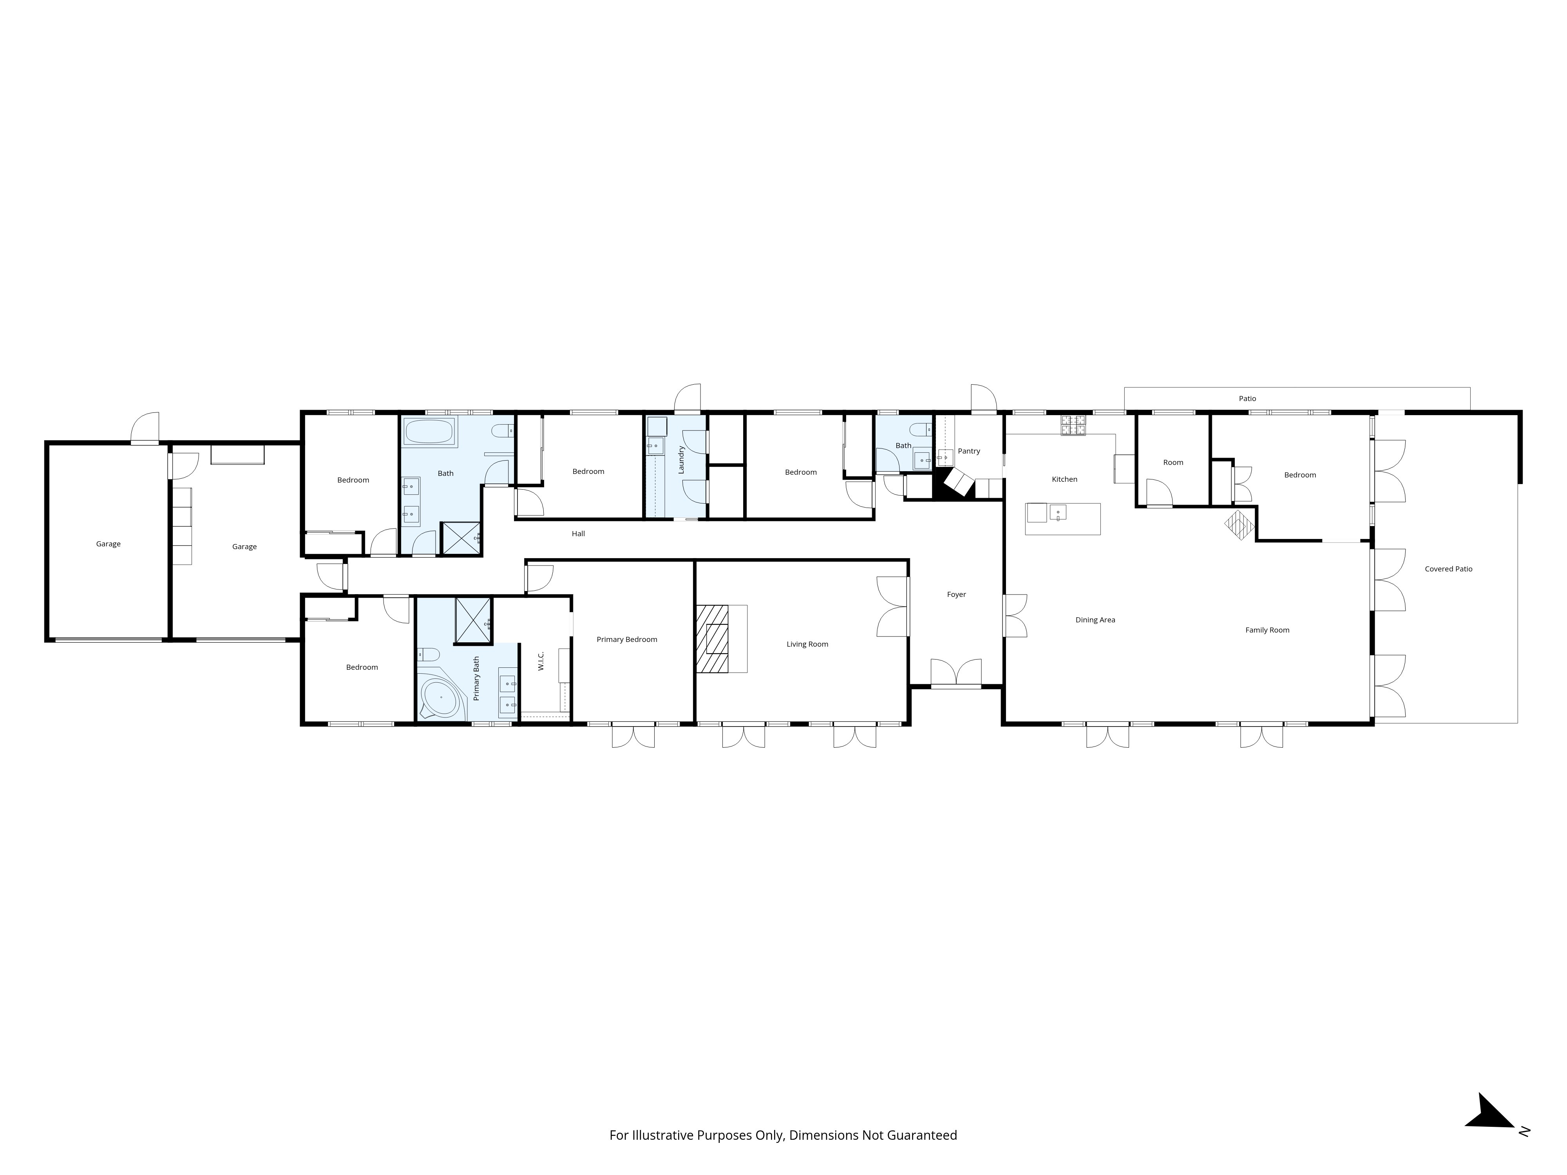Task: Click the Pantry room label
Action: pos(968,451)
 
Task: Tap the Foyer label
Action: pos(956,595)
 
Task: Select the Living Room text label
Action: pos(807,645)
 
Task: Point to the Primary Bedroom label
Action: pos(626,640)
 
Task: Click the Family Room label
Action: pos(1267,630)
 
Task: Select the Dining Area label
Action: pos(1095,620)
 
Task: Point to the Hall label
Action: pos(578,534)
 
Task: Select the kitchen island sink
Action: pos(1058,512)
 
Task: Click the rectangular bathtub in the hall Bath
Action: pos(429,431)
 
